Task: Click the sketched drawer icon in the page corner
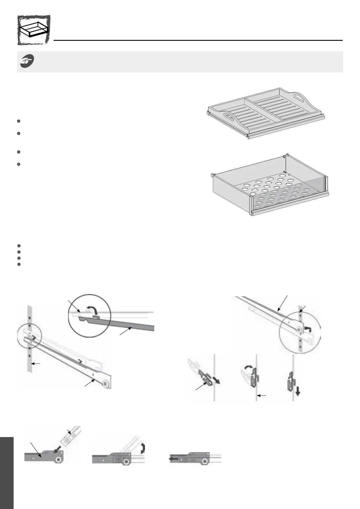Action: pos(34,30)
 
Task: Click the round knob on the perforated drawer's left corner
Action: pos(213,175)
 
